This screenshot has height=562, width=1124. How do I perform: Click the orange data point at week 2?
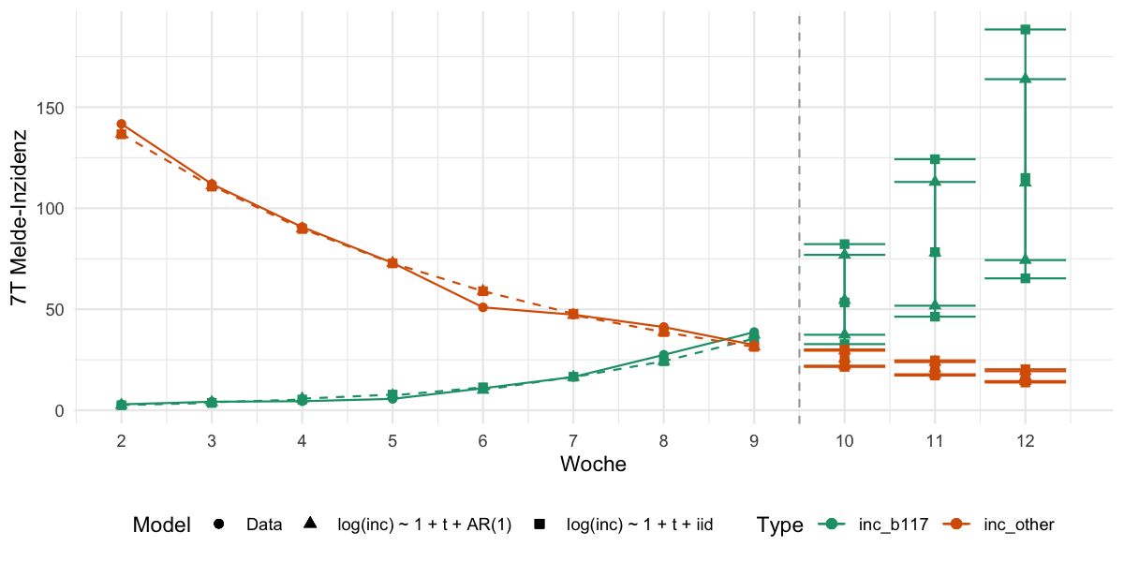[122, 124]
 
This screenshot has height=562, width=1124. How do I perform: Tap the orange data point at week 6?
[483, 307]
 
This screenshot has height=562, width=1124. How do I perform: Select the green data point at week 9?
[754, 333]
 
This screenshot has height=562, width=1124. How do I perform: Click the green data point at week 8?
[664, 355]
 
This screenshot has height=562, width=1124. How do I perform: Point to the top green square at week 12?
[1026, 30]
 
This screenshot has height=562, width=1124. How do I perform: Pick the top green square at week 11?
[935, 159]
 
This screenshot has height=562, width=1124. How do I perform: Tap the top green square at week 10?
[845, 244]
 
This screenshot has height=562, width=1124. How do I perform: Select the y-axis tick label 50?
[55, 309]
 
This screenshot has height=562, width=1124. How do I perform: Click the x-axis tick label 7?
[573, 440]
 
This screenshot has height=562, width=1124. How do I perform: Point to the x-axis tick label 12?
[1026, 440]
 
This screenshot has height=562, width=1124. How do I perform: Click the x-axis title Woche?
[593, 464]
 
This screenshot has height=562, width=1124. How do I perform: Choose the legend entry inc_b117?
[893, 525]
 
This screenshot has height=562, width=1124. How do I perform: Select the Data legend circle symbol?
[219, 525]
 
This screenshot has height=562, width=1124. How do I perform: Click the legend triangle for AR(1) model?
[310, 525]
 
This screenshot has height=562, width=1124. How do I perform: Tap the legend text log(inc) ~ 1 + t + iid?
[641, 525]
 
